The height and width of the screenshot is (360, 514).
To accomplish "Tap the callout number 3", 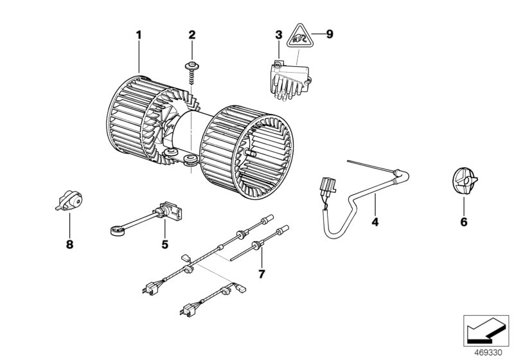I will pos(278,35).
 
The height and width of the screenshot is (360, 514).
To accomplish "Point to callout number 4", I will pos(374,222).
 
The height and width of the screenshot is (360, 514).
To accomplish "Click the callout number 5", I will pos(164,244).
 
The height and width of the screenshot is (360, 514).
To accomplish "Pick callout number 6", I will pos(463,222).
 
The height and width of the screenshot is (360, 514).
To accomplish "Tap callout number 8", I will pos(69,244).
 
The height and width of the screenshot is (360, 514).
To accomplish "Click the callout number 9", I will pos(330,35).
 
